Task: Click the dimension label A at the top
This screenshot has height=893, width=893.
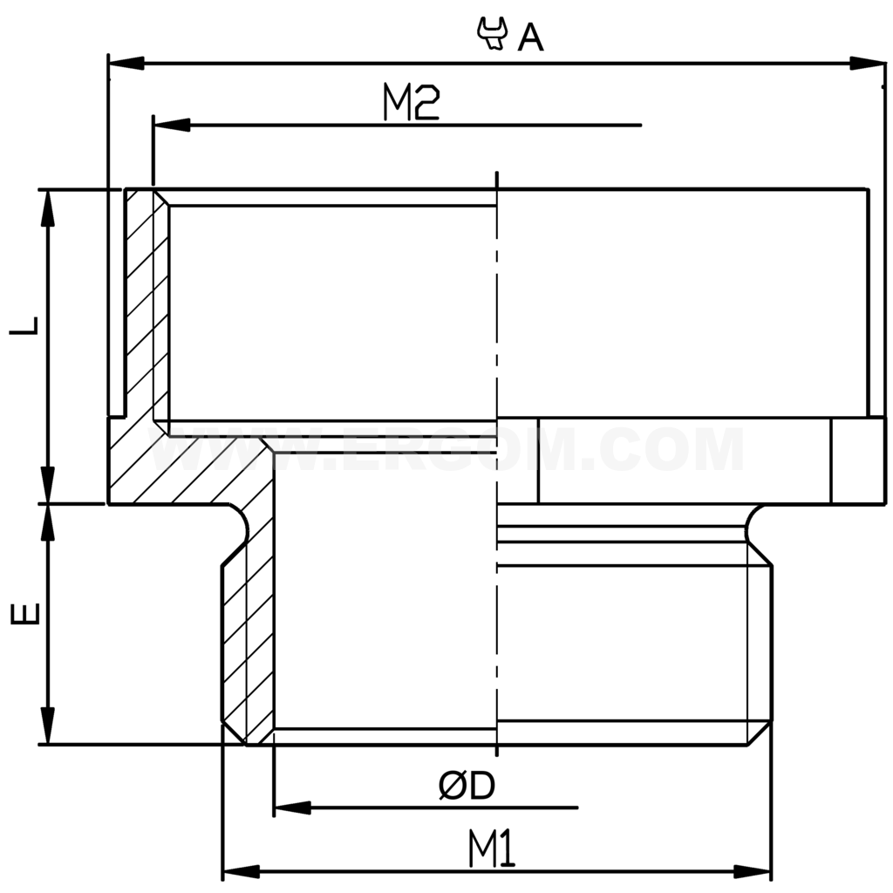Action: [530, 37]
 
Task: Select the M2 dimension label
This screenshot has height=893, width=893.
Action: [411, 104]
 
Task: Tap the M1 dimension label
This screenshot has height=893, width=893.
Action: [494, 849]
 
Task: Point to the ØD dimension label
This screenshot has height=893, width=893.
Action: [467, 787]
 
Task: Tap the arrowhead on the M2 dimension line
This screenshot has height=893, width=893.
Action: [171, 126]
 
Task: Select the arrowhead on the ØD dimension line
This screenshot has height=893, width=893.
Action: [292, 808]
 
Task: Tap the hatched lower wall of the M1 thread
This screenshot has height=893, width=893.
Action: [248, 645]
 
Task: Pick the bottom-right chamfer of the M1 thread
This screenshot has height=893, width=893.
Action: [760, 733]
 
